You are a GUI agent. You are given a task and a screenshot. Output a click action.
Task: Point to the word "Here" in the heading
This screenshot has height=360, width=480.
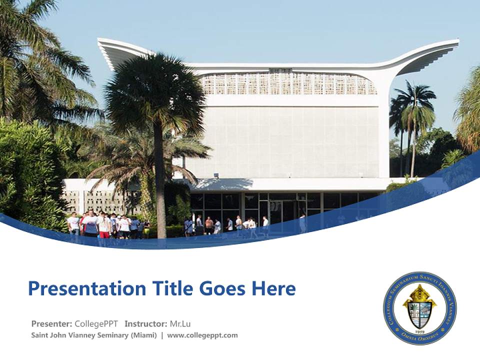pos(273,288)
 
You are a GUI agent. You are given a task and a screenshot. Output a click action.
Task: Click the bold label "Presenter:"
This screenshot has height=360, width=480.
pos(51,323)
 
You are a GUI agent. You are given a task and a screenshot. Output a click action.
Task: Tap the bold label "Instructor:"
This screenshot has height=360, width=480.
pos(146,323)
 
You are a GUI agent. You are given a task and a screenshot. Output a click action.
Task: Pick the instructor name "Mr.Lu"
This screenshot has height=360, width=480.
pos(180,323)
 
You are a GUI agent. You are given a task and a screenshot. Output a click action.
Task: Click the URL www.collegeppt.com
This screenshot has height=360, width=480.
pos(202,335)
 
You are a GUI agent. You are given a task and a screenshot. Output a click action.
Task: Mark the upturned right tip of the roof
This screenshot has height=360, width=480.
pos(452,44)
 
